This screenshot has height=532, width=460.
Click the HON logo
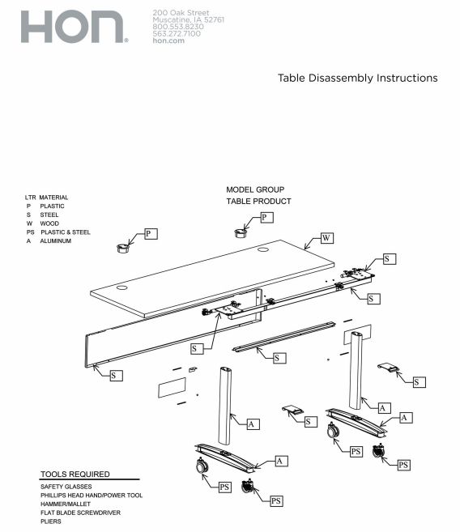pyautogui.click(x=73, y=28)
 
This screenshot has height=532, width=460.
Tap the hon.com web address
pyautogui.click(x=168, y=41)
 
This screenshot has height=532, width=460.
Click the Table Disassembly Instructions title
pyautogui.click(x=357, y=78)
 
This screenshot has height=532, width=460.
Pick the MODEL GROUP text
pyautogui.click(x=255, y=189)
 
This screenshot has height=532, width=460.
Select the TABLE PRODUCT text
pyautogui.click(x=258, y=201)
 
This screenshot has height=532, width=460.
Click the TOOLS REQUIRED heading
pyautogui.click(x=75, y=474)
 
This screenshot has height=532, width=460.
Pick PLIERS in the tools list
pyautogui.click(x=52, y=522)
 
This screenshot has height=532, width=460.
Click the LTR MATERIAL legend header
pyautogui.click(x=46, y=197)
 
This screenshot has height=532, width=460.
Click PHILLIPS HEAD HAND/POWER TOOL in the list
pyautogui.click(x=92, y=496)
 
